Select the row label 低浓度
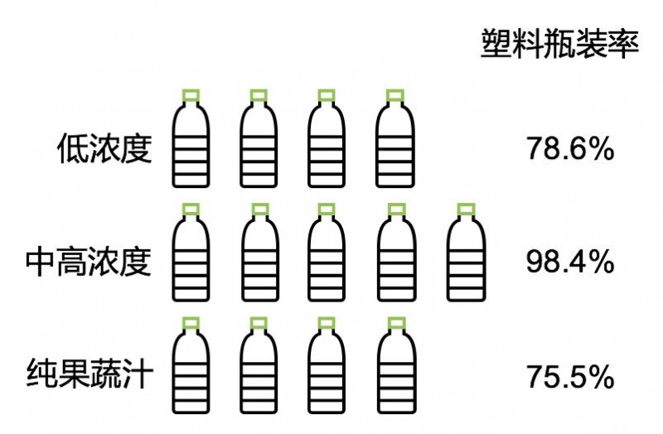(105, 149)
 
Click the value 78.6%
(569, 150)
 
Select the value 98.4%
(569, 263)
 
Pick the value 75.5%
(569, 377)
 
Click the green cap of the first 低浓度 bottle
(191, 94)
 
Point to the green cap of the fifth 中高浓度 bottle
(464, 208)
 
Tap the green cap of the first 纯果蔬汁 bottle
(191, 322)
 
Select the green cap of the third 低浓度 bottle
(327, 94)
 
